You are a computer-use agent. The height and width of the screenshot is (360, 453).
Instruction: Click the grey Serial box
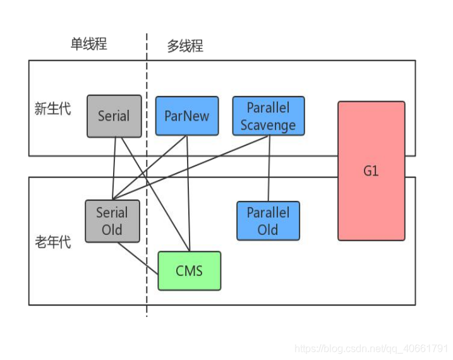114,116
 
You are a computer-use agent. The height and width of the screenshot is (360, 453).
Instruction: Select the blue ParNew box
186,116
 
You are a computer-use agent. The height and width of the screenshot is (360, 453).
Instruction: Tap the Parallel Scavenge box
268,116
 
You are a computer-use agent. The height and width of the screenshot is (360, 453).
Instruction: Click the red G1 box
371,171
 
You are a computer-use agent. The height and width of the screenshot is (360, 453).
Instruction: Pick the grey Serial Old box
112,220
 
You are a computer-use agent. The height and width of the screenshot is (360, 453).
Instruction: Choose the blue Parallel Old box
268,221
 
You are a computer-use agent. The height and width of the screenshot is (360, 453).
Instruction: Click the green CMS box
189,271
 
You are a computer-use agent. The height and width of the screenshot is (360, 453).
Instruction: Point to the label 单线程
88,44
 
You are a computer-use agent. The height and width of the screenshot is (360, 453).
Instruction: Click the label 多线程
185,46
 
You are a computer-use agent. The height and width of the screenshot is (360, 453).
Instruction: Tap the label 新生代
52,109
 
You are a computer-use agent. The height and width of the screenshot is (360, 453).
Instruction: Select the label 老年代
52,242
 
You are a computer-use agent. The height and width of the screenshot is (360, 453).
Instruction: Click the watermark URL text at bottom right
371,348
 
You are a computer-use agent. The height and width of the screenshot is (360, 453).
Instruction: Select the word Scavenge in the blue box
268,125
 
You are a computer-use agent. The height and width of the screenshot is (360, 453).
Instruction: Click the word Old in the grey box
112,229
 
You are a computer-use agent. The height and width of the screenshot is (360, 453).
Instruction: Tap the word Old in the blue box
268,230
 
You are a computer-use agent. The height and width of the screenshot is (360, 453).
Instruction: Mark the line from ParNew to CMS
188,189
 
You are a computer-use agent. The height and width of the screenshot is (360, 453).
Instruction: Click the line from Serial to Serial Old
114,167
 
